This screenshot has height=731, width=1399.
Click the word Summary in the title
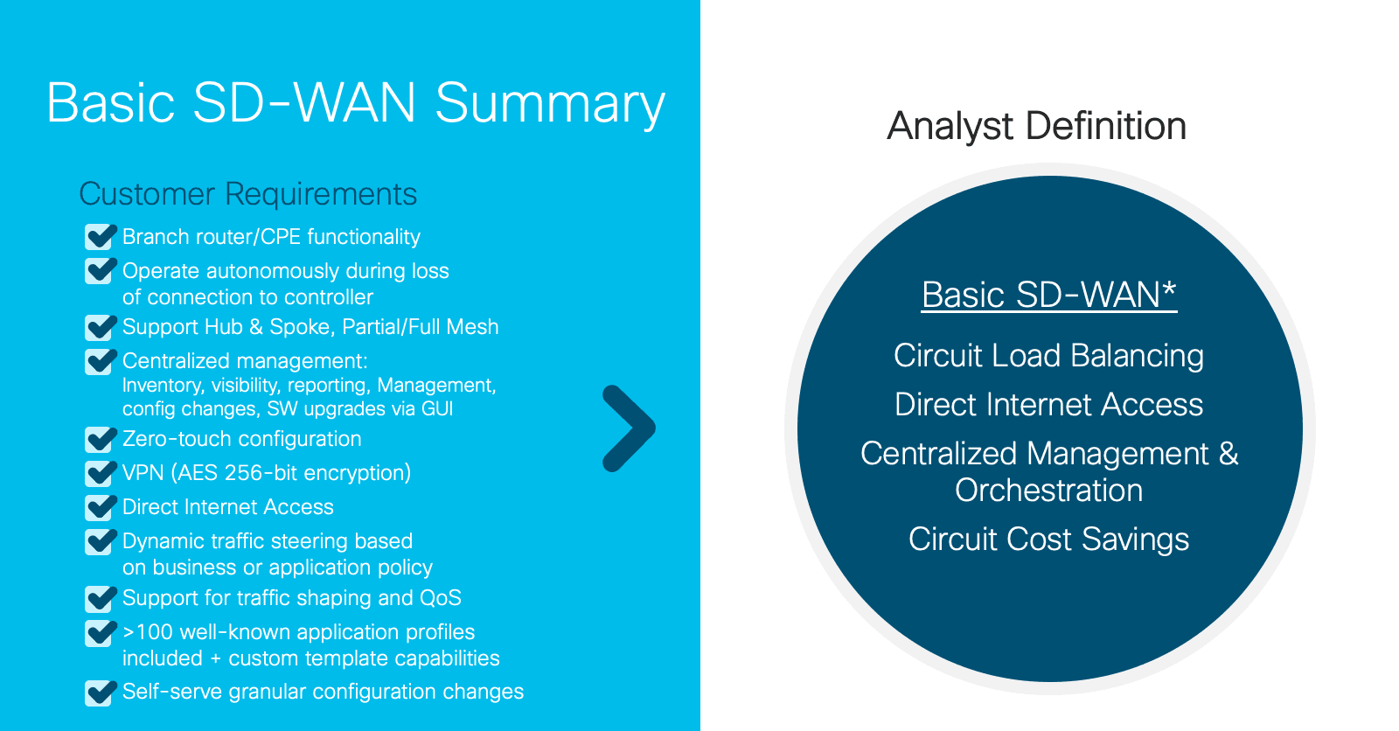550,104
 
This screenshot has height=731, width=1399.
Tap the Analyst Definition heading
1036,126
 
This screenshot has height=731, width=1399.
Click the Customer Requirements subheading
248,194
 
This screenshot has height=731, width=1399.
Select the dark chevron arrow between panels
629,428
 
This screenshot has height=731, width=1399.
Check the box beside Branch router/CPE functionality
101,237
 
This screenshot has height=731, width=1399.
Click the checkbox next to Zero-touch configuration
101,439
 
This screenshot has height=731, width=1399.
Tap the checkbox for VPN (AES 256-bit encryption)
101,473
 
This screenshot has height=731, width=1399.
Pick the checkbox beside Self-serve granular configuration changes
101,693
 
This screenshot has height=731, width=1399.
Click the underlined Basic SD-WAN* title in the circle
1049,295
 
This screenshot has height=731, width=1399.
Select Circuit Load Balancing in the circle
1048,356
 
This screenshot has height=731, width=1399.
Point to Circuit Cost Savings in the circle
1048,540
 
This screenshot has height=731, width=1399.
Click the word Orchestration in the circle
1048,491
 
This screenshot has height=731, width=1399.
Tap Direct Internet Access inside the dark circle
1048,405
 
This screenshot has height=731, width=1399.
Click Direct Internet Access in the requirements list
228,506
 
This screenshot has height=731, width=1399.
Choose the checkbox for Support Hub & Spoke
101,327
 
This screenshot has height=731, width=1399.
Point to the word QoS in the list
441,598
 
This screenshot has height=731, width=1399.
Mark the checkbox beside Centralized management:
101,361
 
